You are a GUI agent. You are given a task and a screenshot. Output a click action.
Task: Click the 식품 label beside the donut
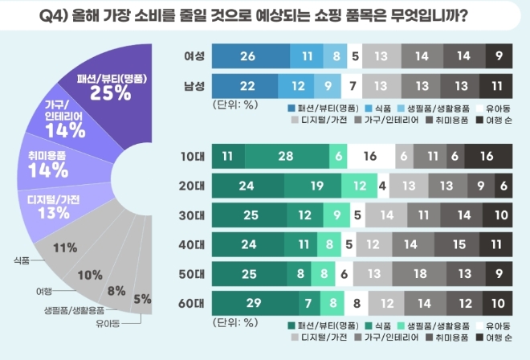point(22,260)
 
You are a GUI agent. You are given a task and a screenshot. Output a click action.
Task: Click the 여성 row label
point(194,56)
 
